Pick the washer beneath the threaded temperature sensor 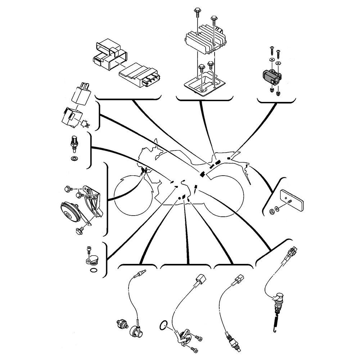point(75,158)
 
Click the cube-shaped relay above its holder point(82,93)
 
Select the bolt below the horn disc point(78,231)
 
